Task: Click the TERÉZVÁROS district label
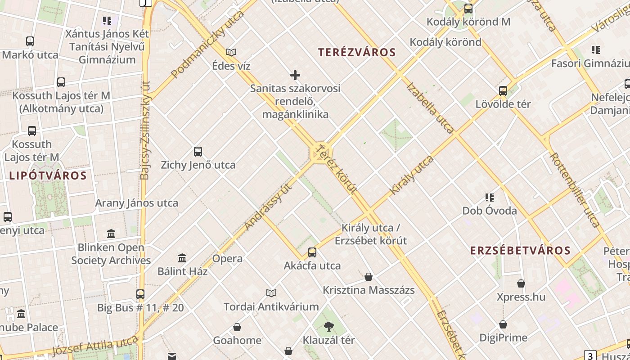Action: (x=357, y=52)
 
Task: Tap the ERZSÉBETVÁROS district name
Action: (x=520, y=251)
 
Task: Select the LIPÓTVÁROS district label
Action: (x=48, y=175)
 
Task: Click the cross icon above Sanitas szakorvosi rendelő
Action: (x=295, y=75)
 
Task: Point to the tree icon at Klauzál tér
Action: (x=329, y=327)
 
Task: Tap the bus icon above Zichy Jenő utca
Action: (x=198, y=152)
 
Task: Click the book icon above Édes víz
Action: (x=231, y=53)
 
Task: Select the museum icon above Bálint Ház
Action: (x=182, y=258)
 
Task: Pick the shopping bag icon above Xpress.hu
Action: (x=521, y=283)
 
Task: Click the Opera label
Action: (x=227, y=259)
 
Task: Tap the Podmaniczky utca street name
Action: (x=207, y=44)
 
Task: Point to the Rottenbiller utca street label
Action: (x=574, y=190)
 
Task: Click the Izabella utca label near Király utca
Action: (x=430, y=108)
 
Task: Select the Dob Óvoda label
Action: (x=490, y=211)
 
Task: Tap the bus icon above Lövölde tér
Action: (x=503, y=91)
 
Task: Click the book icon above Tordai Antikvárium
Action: (x=271, y=293)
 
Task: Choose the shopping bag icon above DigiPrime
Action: (x=503, y=324)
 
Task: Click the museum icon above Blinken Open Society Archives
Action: (x=111, y=234)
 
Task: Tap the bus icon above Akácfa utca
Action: (x=312, y=252)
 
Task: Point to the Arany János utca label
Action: (x=136, y=203)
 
